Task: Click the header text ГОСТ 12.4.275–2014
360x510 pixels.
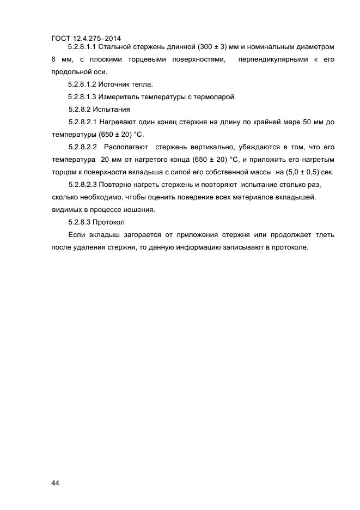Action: coord(86,39)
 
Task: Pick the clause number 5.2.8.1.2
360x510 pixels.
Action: coord(82,84)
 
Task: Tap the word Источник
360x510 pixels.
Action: coord(115,84)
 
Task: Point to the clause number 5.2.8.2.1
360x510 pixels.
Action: coord(83,122)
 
